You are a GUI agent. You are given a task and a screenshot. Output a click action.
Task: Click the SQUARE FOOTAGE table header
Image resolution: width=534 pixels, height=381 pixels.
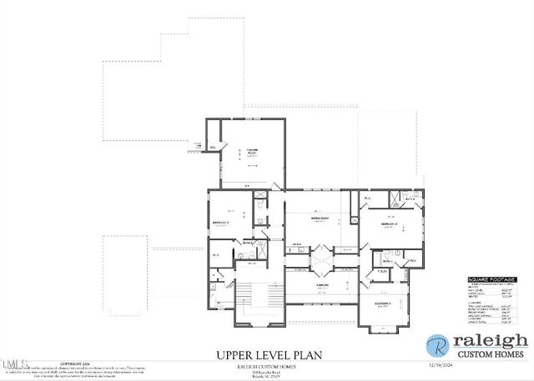pyautogui.click(x=491, y=279)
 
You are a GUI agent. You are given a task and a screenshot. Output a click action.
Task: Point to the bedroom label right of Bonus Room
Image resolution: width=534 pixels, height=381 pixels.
pyautogui.click(x=390, y=224)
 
